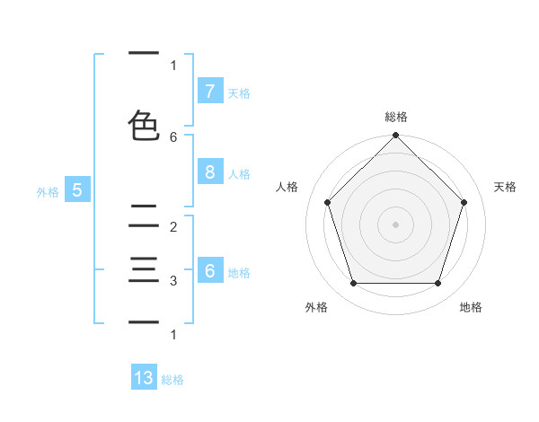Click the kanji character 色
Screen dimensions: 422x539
point(144,125)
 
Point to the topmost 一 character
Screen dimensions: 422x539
point(144,53)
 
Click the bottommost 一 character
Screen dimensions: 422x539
point(144,321)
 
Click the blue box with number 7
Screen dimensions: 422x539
point(209,92)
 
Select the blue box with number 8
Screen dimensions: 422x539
point(209,172)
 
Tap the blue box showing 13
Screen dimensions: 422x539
point(144,378)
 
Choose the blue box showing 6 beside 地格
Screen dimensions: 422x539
point(209,271)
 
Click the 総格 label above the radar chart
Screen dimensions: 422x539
point(395,117)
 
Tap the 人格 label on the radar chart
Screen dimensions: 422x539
point(287,187)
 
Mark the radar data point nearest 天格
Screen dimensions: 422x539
point(464,202)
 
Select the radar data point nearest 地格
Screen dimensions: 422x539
point(437,284)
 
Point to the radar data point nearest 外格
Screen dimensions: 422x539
point(353,284)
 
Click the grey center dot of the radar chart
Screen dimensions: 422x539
point(395,224)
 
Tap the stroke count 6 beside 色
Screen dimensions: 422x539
point(173,136)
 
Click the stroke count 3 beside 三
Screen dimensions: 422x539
point(173,281)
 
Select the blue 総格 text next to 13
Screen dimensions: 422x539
point(172,380)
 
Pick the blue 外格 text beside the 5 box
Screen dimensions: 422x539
point(47,191)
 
